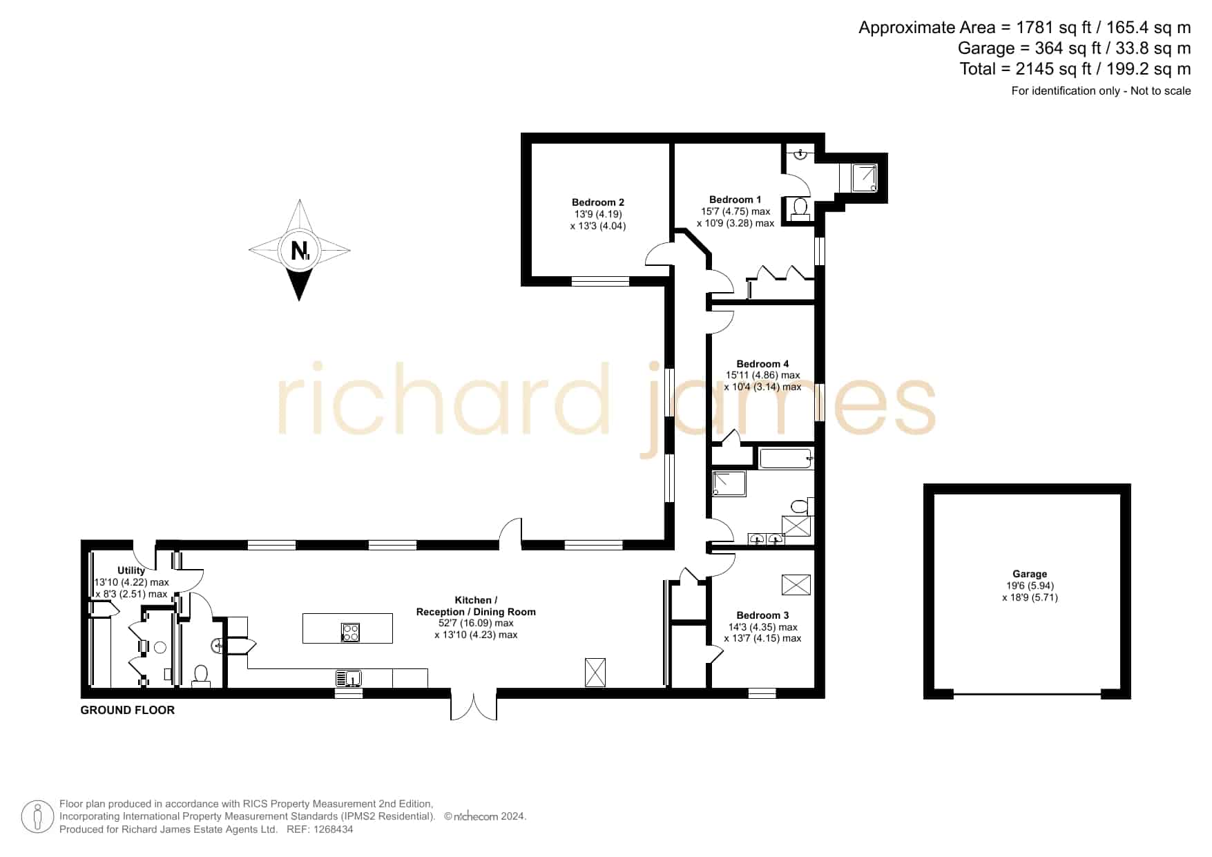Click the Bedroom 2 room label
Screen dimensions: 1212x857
click(x=598, y=202)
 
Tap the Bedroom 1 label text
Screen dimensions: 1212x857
click(x=735, y=200)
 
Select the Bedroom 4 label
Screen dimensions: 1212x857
click(x=762, y=364)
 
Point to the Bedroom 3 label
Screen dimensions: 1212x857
click(x=762, y=615)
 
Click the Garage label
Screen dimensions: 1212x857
click(x=1030, y=574)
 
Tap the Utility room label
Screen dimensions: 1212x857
click(x=131, y=570)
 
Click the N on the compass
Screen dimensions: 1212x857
click(x=299, y=250)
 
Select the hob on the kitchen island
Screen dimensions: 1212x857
click(x=350, y=632)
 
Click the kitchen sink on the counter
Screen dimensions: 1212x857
click(x=349, y=678)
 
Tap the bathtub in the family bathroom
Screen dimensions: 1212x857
click(x=786, y=459)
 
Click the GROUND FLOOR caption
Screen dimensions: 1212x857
click(x=128, y=710)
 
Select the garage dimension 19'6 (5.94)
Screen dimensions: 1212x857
click(x=1030, y=586)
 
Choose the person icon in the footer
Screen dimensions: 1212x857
click(x=37, y=817)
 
